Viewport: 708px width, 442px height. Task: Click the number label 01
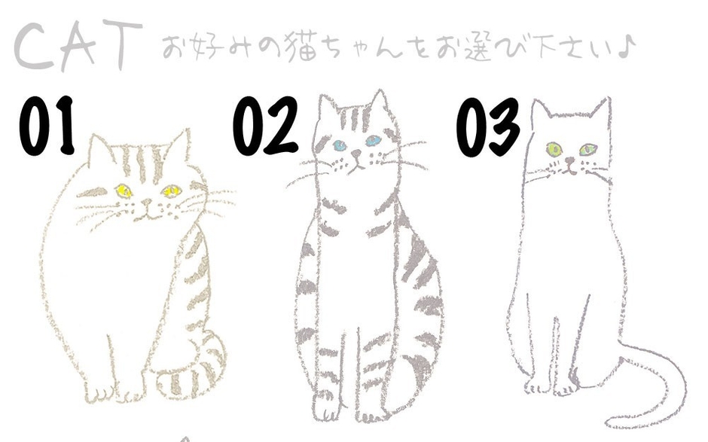47,126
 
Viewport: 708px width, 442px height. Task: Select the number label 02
265,126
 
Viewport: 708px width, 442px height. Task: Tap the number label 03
488,127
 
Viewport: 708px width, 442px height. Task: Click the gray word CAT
77,47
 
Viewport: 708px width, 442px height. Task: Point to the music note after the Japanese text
627,47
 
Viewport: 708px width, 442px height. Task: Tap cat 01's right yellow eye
172,191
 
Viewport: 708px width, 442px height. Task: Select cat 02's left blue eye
340,145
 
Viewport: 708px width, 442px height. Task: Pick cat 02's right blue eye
374,140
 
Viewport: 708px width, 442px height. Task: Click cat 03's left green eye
554,149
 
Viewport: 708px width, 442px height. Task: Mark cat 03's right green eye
587,148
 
